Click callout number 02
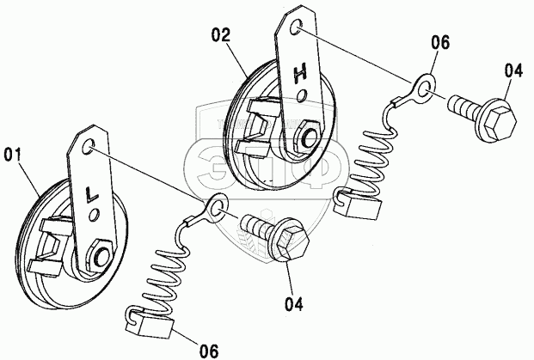pyautogui.click(x=221, y=35)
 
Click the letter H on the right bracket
pyautogui.click(x=300, y=74)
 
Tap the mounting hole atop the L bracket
pyautogui.click(x=87, y=147)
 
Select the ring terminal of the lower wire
pyautogui.click(x=215, y=206)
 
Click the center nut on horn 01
pyautogui.click(x=100, y=255)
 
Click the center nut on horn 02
pyautogui.click(x=307, y=138)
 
